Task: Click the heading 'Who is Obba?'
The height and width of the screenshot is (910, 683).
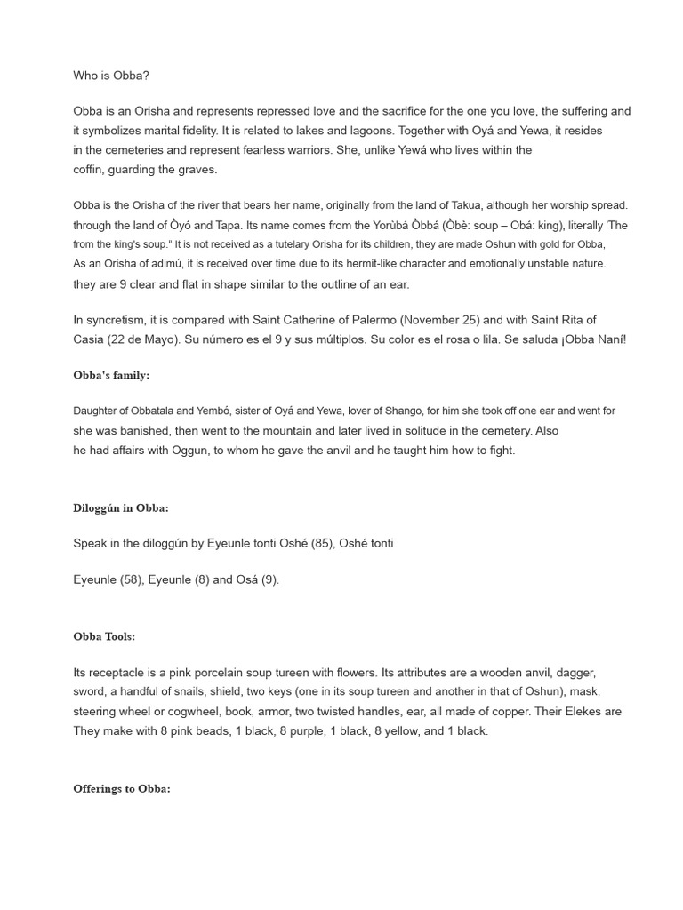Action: pos(111,76)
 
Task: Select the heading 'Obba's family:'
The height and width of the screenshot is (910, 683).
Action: pos(111,375)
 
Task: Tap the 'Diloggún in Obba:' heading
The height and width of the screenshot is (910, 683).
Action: pos(121,508)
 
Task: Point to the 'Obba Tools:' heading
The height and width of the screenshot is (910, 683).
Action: pos(104,636)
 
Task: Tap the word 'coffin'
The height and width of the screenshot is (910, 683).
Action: pos(89,169)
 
